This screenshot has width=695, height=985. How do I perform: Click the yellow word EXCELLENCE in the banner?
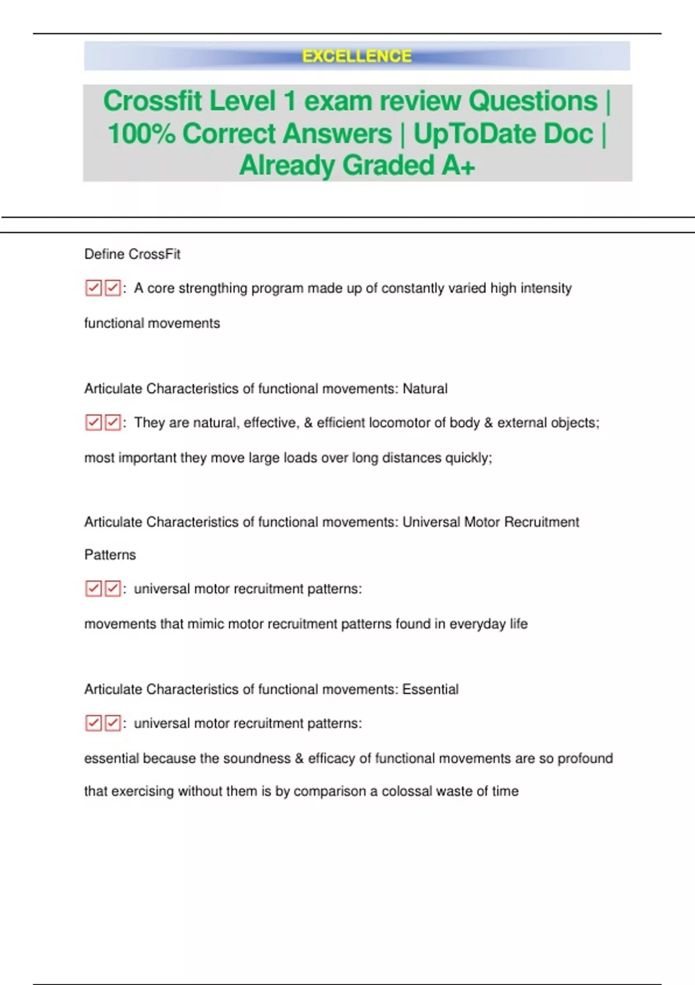(357, 56)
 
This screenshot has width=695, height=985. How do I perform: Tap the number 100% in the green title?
(141, 134)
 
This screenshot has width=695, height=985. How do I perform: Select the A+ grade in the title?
(458, 166)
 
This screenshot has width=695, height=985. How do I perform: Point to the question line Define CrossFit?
(132, 254)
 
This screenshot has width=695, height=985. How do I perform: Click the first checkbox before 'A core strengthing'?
(93, 288)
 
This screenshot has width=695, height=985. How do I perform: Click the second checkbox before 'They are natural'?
(112, 422)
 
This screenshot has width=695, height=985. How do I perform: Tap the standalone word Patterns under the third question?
(110, 555)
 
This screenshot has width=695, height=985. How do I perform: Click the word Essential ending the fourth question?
(430, 690)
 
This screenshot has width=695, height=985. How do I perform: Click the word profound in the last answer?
(585, 758)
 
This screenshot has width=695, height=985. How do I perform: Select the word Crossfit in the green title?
(152, 101)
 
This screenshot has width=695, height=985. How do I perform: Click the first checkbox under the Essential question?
(93, 723)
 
